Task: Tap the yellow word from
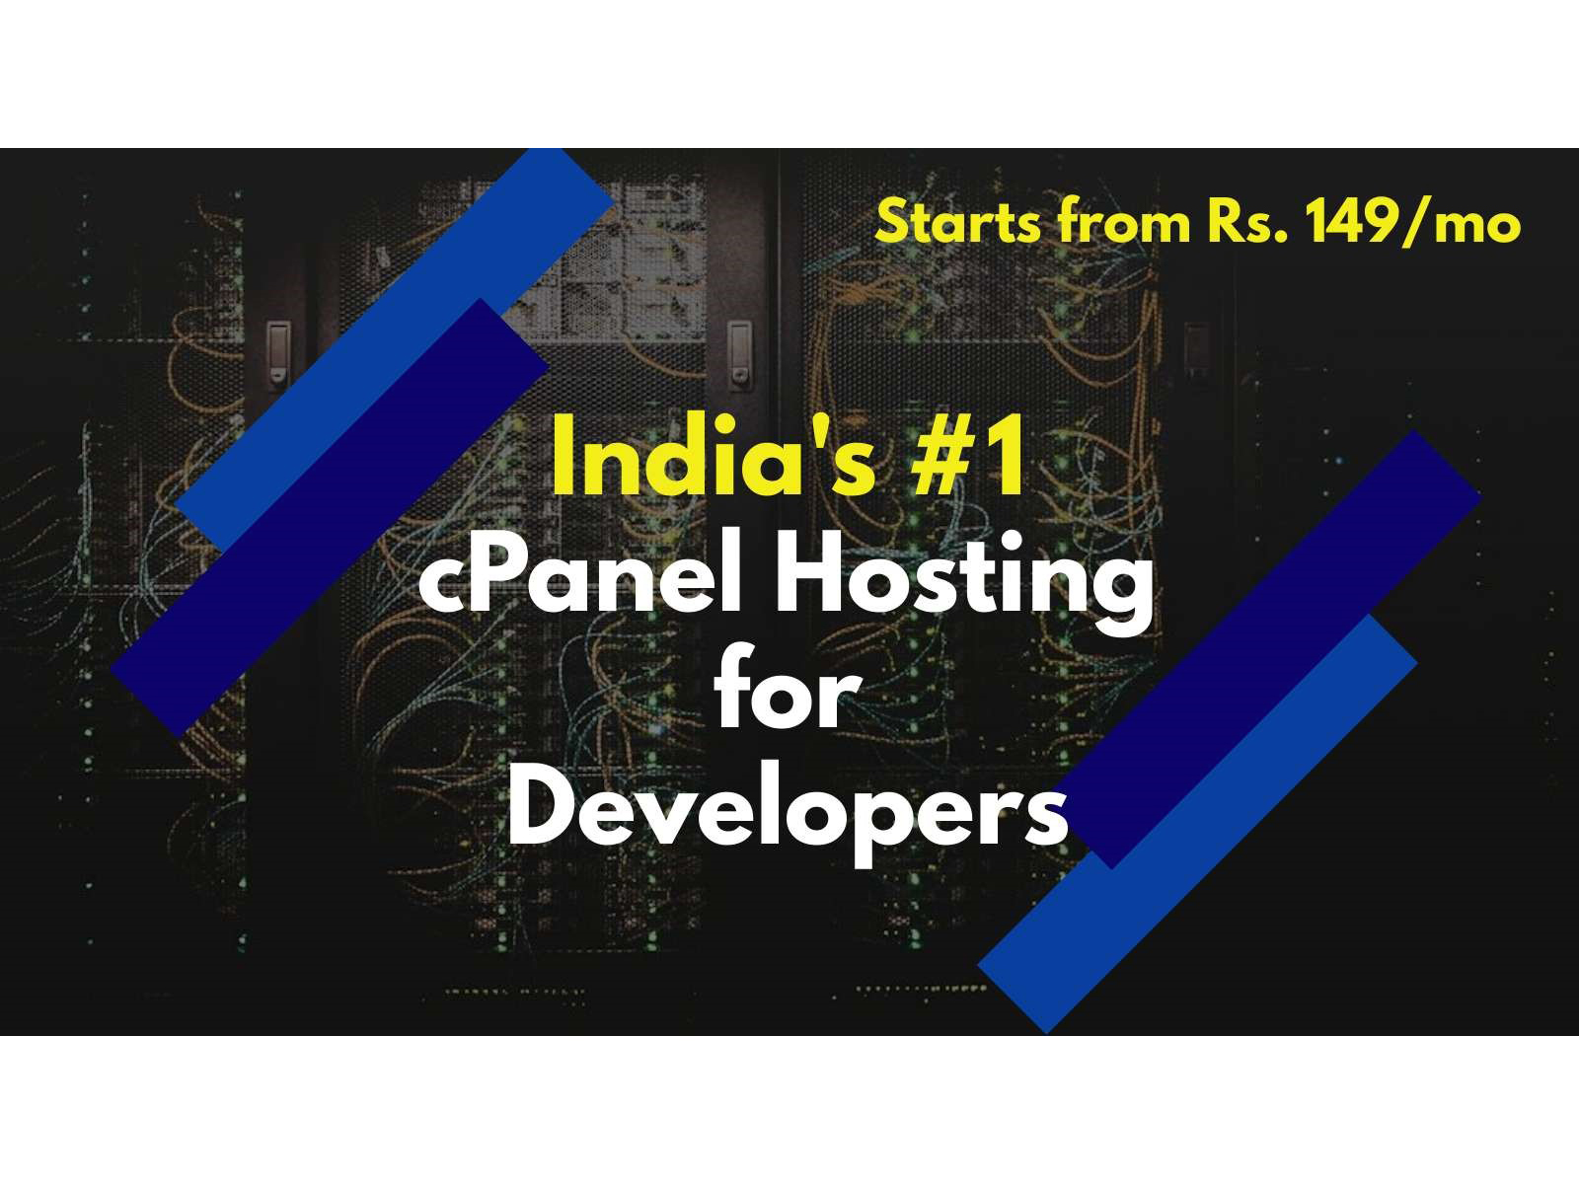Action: coord(1123,222)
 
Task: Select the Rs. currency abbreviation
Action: coord(1246,223)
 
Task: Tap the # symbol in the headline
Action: coord(945,457)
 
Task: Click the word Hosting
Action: coord(965,582)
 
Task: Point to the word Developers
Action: coord(788,811)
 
